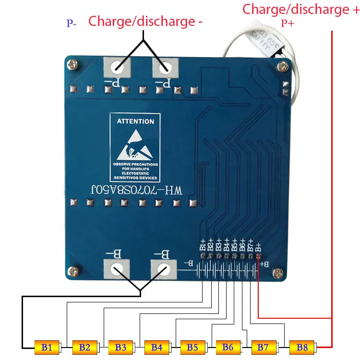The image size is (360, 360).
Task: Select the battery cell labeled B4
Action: point(157,346)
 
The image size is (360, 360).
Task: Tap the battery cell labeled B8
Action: point(302,346)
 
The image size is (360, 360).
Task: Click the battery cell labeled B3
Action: point(121,346)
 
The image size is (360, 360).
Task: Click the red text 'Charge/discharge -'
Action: point(146,21)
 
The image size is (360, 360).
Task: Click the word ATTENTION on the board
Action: point(136,122)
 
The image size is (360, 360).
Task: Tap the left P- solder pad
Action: point(117,69)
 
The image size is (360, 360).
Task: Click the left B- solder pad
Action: point(116,269)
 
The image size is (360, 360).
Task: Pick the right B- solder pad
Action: point(162,269)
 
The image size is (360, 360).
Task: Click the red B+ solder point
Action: point(259,256)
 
